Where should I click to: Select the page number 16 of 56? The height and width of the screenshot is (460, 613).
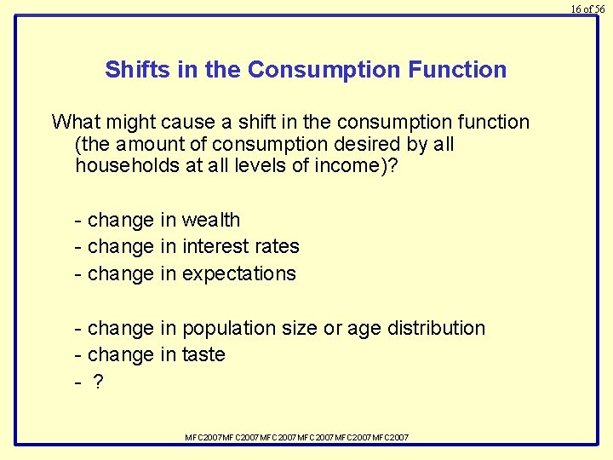587,9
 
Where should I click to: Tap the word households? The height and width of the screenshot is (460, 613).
126,165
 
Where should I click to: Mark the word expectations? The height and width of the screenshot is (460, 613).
238,274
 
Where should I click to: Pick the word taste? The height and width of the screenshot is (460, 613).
203,354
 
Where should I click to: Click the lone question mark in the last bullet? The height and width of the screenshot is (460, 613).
98,382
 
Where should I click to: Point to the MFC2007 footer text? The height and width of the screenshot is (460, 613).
297,437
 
